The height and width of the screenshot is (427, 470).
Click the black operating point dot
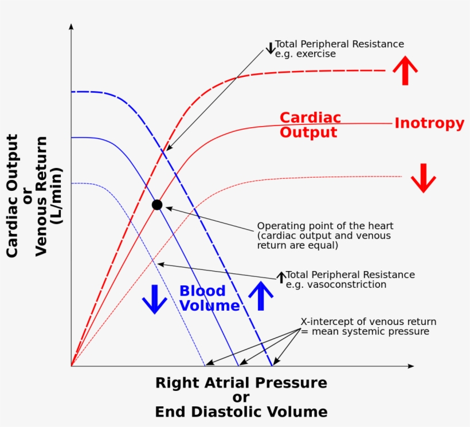pyautogui.click(x=157, y=205)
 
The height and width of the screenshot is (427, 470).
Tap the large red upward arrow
pyautogui.click(x=405, y=70)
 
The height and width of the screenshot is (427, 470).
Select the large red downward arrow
pyautogui.click(x=424, y=178)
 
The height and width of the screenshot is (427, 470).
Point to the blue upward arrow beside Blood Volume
pyautogui.click(x=261, y=295)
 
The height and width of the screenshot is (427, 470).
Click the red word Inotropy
pyautogui.click(x=429, y=123)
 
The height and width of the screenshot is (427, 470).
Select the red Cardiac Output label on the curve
pyautogui.click(x=310, y=125)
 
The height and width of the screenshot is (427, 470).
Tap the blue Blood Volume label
pyautogui.click(x=209, y=298)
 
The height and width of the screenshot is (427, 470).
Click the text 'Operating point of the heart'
pyautogui.click(x=325, y=226)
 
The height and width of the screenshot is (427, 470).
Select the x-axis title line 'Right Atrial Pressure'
pyautogui.click(x=241, y=383)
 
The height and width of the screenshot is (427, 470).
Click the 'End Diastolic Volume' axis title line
pyautogui.click(x=241, y=412)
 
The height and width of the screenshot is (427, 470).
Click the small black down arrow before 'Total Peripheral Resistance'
pyautogui.click(x=271, y=48)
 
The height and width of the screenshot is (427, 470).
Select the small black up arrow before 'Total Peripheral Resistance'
pyautogui.click(x=281, y=277)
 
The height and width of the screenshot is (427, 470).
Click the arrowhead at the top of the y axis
pyautogui.click(x=71, y=26)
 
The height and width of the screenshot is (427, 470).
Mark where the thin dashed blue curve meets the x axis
pyautogui.click(x=205, y=365)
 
